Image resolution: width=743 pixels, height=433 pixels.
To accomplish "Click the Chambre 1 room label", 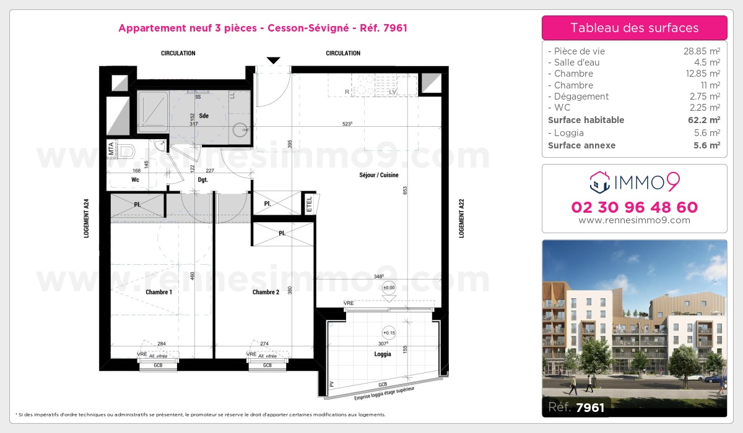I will [159, 292].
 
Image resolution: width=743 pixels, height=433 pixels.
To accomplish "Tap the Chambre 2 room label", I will [266, 292].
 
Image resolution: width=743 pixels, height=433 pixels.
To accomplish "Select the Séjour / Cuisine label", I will [379, 175].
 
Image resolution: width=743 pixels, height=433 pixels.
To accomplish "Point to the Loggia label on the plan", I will [383, 354].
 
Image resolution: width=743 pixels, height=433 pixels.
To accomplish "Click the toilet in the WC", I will [128, 150].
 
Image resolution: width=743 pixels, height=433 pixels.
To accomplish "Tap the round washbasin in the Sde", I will [241, 130].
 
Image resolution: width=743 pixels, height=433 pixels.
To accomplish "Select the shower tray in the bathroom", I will [153, 111].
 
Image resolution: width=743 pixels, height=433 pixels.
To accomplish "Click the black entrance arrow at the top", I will [273, 60].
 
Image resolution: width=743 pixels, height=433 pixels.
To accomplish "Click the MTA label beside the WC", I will [111, 149].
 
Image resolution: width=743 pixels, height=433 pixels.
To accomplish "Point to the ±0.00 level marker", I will [389, 287].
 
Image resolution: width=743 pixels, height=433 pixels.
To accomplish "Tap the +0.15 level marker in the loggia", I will [389, 332].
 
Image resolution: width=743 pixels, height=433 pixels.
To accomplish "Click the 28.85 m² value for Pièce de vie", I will [701, 51].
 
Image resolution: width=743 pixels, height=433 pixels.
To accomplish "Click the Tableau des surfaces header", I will [634, 28].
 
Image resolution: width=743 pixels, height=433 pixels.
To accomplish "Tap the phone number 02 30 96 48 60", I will [634, 207].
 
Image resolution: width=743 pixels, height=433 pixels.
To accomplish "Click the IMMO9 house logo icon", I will [599, 182].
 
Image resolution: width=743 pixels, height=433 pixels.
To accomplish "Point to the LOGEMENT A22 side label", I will [461, 218].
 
